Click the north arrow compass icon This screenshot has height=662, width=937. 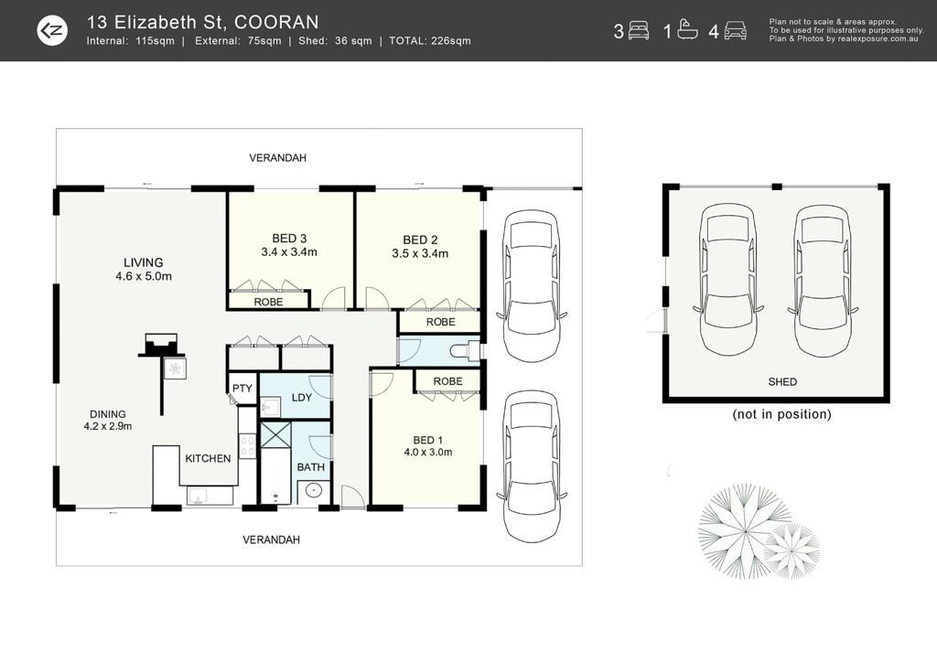(x=52, y=30)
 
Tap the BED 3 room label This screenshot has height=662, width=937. (x=289, y=238)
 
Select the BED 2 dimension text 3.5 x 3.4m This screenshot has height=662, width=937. (x=420, y=253)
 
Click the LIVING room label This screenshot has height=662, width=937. (x=144, y=262)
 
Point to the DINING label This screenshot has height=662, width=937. (x=108, y=413)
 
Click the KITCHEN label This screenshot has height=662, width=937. (x=208, y=458)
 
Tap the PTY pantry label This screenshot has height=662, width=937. (x=242, y=388)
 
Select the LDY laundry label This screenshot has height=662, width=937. (x=302, y=398)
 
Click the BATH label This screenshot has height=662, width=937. (x=311, y=467)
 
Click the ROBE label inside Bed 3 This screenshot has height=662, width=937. (x=268, y=302)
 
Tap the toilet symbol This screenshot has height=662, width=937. (x=465, y=350)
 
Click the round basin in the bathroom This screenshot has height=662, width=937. (x=314, y=491)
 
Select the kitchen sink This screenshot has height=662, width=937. (x=198, y=496)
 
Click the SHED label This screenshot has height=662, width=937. (x=782, y=381)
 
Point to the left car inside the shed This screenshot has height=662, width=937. (x=727, y=280)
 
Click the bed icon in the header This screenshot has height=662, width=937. (x=639, y=30)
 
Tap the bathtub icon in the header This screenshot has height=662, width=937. (x=687, y=30)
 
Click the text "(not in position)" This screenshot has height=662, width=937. (x=781, y=414)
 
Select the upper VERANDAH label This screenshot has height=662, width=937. (x=278, y=157)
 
